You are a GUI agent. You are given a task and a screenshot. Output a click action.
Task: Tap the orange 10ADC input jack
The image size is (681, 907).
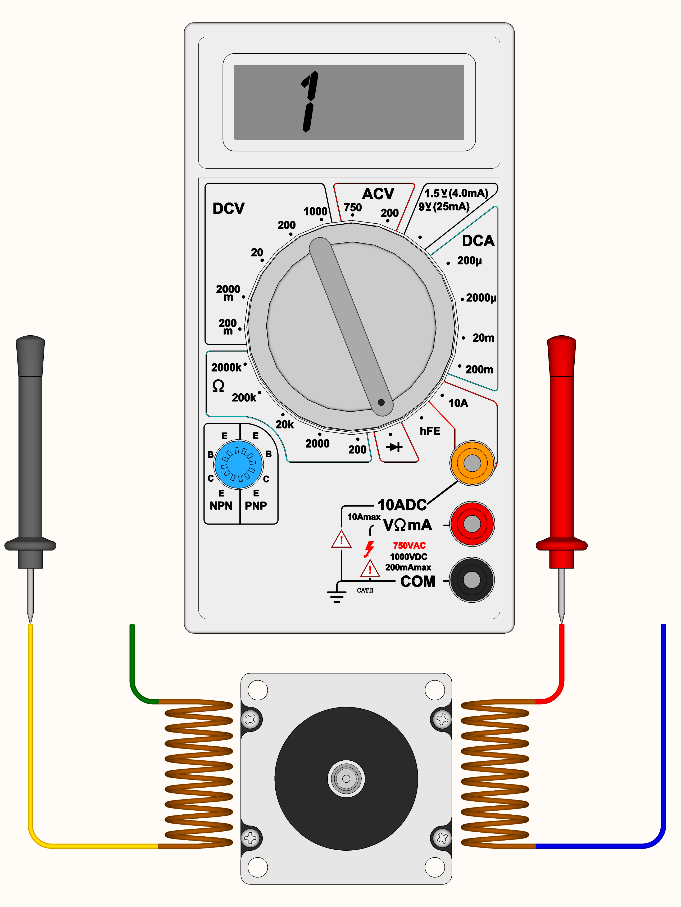click(472, 463)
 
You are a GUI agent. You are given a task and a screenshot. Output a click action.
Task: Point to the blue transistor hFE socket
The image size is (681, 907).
click(238, 464)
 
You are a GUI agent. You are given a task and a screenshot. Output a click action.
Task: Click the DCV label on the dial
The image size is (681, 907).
click(228, 208)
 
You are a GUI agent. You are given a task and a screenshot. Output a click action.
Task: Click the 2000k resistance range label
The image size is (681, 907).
click(226, 367)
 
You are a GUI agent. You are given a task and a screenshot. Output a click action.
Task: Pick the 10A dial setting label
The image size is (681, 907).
click(458, 403)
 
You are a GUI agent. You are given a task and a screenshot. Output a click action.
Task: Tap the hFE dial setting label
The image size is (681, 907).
click(430, 431)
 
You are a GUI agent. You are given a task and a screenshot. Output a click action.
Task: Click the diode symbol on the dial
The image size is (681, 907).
click(394, 447)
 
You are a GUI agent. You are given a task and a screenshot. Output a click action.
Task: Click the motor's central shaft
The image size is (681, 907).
click(346, 779)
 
